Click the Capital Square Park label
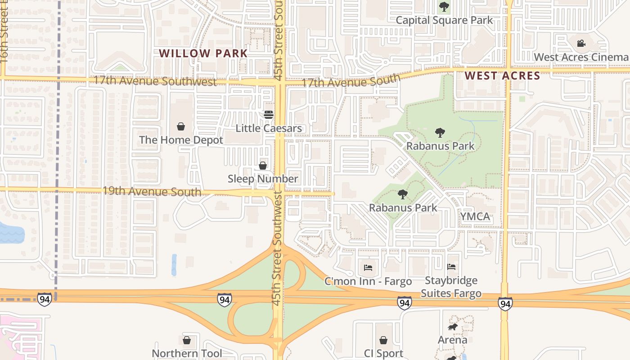click(444, 20)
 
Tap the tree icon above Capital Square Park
click(444, 7)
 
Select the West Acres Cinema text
click(581, 57)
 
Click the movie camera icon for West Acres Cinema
click(581, 44)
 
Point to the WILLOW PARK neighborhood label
click(203, 53)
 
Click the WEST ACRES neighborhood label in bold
click(502, 76)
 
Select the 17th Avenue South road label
click(351, 82)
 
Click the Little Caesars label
click(269, 128)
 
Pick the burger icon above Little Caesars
click(269, 115)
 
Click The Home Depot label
click(181, 140)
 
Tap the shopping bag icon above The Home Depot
click(181, 126)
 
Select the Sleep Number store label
click(263, 179)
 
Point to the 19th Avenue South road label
click(152, 191)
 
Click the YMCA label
click(475, 216)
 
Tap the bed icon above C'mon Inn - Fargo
click(368, 268)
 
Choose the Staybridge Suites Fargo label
click(451, 287)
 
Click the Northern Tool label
click(187, 353)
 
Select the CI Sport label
click(383, 353)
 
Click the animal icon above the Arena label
click(452, 327)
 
